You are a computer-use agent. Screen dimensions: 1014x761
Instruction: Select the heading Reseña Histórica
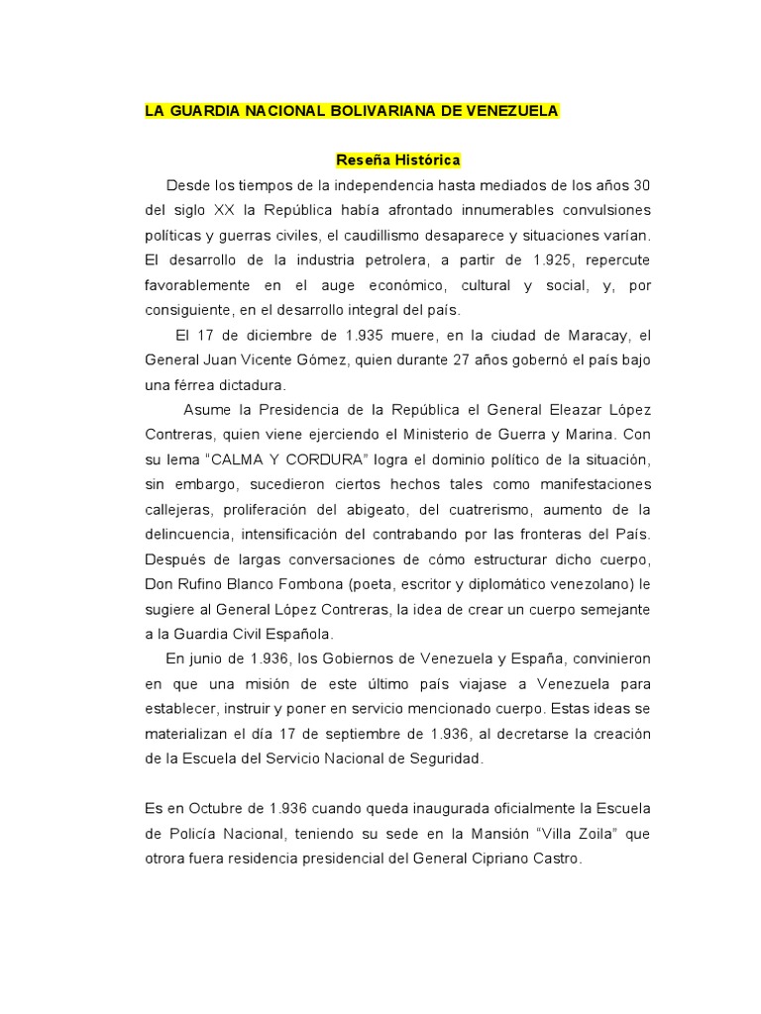click(398, 159)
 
